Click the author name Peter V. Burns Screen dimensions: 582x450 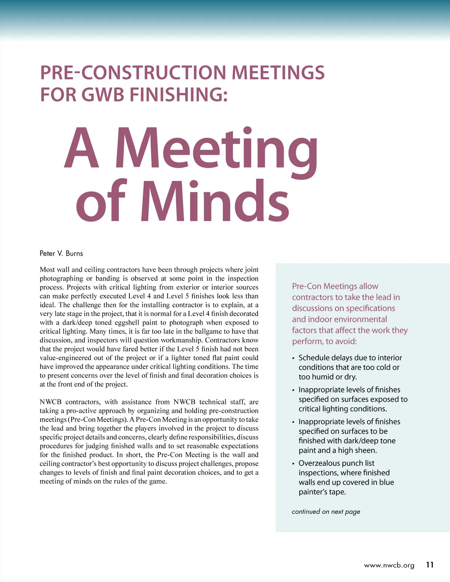61,253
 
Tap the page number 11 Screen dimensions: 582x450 430,565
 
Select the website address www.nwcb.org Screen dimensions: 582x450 389,565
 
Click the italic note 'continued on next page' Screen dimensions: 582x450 325,512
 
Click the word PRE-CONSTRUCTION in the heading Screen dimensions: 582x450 133,73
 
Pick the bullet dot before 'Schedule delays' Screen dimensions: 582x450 294,358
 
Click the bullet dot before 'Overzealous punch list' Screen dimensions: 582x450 294,464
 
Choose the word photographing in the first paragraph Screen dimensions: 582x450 61,278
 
